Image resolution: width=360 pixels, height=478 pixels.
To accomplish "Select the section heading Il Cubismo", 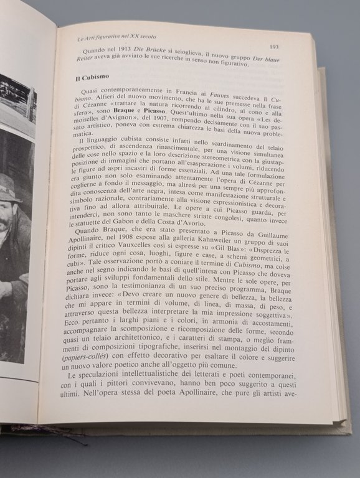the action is click(x=86, y=80).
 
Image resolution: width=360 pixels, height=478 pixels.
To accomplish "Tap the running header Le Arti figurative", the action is click(x=107, y=39).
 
